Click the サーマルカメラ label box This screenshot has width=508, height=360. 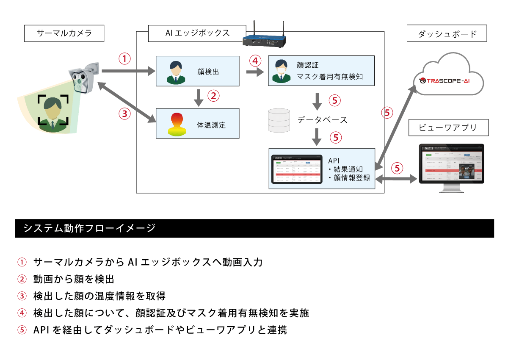pyautogui.click(x=64, y=33)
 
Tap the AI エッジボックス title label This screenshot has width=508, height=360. pyautogui.click(x=197, y=33)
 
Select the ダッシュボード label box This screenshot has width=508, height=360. pyautogui.click(x=447, y=34)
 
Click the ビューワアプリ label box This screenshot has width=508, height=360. pyautogui.click(x=448, y=127)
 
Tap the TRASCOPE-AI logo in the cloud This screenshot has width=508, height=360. pyautogui.click(x=449, y=80)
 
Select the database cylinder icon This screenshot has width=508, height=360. pyautogui.click(x=279, y=120)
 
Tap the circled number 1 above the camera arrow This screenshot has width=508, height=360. pyautogui.click(x=124, y=59)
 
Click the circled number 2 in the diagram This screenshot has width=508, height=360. pyautogui.click(x=214, y=96)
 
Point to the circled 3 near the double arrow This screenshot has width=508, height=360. pyautogui.click(x=124, y=114)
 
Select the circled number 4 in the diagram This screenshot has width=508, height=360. pyautogui.click(x=254, y=60)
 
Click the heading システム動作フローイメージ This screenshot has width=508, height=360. pyautogui.click(x=89, y=228)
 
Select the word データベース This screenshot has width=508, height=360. pyautogui.click(x=322, y=120)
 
